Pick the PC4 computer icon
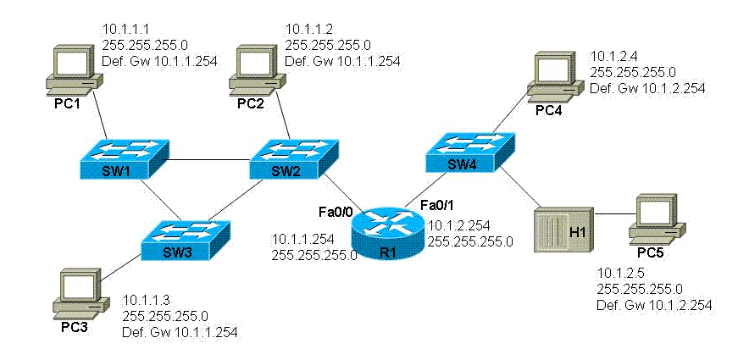(552, 75)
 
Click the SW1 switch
(122, 158)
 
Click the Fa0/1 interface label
(436, 205)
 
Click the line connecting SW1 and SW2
(207, 158)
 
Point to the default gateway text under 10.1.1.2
(341, 60)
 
